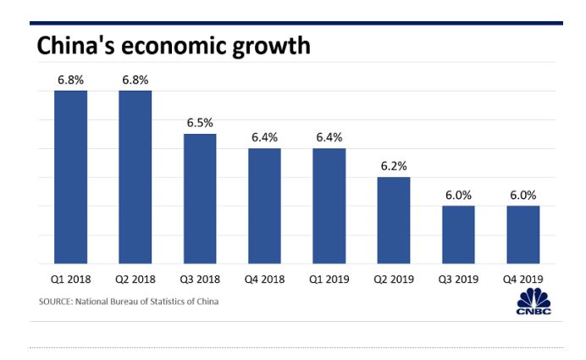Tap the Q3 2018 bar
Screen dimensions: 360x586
pos(200,198)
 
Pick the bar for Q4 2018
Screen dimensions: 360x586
pos(264,206)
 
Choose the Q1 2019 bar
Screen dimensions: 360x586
pos(329,206)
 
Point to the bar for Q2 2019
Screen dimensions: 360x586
pos(394,220)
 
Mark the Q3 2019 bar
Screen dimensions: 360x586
pos(458,235)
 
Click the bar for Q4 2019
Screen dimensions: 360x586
pos(522,235)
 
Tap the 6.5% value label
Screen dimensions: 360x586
pos(200,123)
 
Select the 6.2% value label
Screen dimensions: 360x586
pos(394,166)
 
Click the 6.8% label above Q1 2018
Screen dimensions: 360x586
pos(71,80)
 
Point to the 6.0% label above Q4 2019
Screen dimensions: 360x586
pos(522,195)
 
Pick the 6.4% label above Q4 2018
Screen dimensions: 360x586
pos(264,137)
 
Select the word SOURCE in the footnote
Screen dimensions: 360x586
pos(55,302)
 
